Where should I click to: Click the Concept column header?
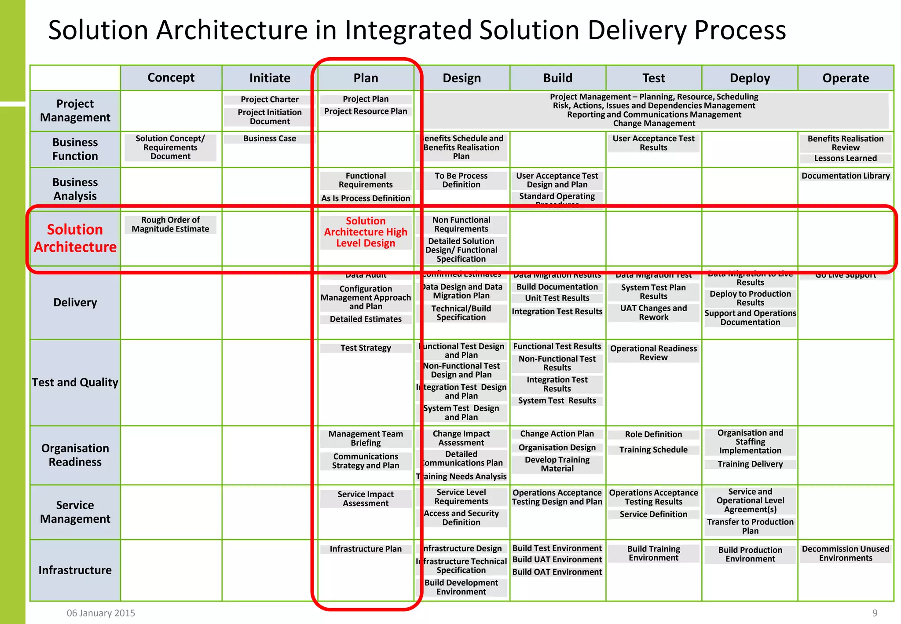click(x=171, y=78)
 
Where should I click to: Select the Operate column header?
click(x=845, y=78)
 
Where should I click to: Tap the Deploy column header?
click(x=750, y=78)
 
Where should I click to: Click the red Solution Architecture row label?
click(x=75, y=238)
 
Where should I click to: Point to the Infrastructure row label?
click(x=75, y=570)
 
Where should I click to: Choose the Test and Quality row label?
click(x=75, y=382)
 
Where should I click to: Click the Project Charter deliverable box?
click(x=270, y=99)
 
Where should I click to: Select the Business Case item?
click(x=270, y=139)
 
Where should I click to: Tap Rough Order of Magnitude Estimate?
click(x=170, y=224)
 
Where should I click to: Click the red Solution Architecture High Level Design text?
click(x=366, y=232)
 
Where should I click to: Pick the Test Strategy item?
click(x=366, y=348)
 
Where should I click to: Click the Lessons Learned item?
click(x=845, y=158)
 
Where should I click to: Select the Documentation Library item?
click(x=845, y=176)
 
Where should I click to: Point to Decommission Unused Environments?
click(x=845, y=554)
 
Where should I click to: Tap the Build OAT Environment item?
click(x=557, y=572)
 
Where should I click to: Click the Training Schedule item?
click(x=653, y=450)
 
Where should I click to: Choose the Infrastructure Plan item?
click(x=366, y=549)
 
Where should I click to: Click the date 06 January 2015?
click(x=101, y=613)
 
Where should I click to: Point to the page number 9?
click(x=875, y=613)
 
